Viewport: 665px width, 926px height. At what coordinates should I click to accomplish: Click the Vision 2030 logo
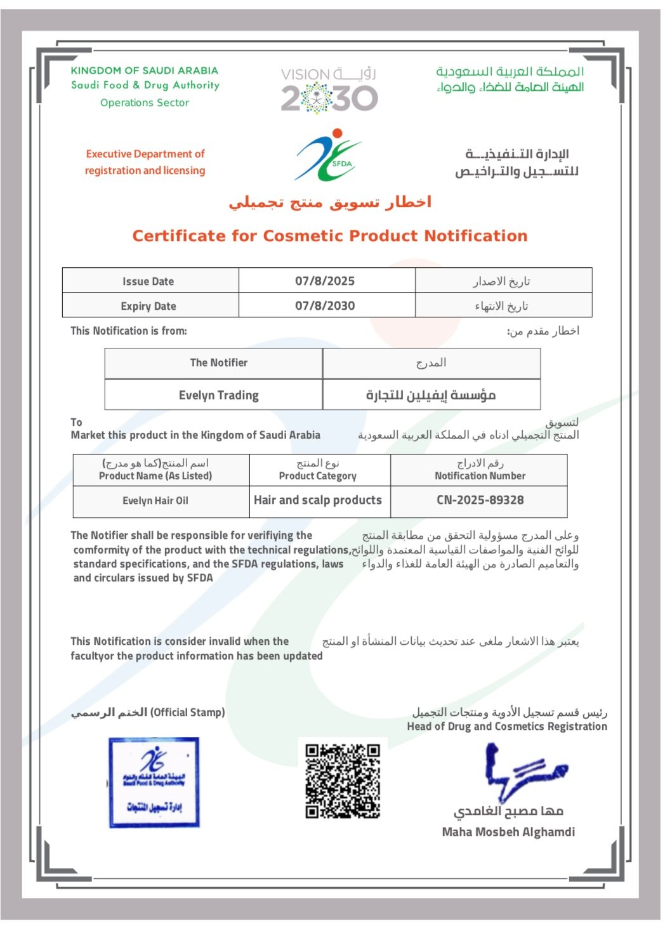pyautogui.click(x=329, y=90)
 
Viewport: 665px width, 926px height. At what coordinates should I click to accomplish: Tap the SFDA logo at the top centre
pyautogui.click(x=328, y=155)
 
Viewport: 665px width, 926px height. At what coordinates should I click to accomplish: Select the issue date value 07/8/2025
pyautogui.click(x=325, y=281)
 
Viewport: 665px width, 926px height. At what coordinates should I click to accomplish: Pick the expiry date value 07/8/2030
pyautogui.click(x=325, y=305)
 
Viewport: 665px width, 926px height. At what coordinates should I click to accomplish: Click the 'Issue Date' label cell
pyautogui.click(x=148, y=281)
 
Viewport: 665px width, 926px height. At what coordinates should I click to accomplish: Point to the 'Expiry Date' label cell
pyautogui.click(x=148, y=306)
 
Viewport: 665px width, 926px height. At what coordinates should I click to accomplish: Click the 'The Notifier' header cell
pyautogui.click(x=219, y=362)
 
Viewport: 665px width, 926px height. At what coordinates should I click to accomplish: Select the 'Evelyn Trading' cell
pyautogui.click(x=219, y=395)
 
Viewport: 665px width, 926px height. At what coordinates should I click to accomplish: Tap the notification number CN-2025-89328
pyautogui.click(x=480, y=500)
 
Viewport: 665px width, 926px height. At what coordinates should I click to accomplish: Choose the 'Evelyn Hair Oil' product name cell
pyautogui.click(x=155, y=501)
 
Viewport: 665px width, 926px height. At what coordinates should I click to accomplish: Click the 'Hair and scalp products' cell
pyautogui.click(x=318, y=500)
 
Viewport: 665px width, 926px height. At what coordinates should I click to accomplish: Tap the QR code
pyautogui.click(x=343, y=781)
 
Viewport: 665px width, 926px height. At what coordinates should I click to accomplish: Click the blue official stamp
pyautogui.click(x=154, y=782)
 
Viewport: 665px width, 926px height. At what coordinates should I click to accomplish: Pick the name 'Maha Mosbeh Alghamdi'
pyautogui.click(x=508, y=831)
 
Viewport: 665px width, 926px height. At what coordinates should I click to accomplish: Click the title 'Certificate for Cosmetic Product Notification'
pyautogui.click(x=330, y=236)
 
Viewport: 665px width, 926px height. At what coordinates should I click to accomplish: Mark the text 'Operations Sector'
pyautogui.click(x=145, y=103)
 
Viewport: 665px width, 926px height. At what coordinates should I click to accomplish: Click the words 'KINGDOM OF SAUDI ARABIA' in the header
pyautogui.click(x=145, y=70)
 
